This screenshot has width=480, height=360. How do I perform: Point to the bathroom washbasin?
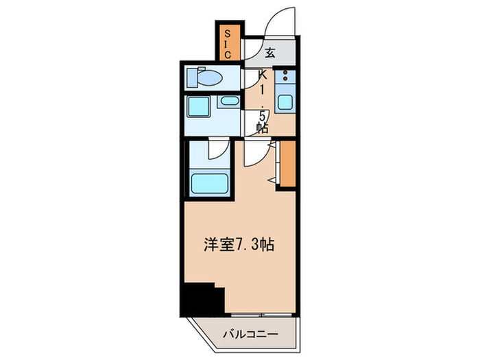(228, 103)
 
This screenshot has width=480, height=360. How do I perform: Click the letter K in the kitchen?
(261, 76)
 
